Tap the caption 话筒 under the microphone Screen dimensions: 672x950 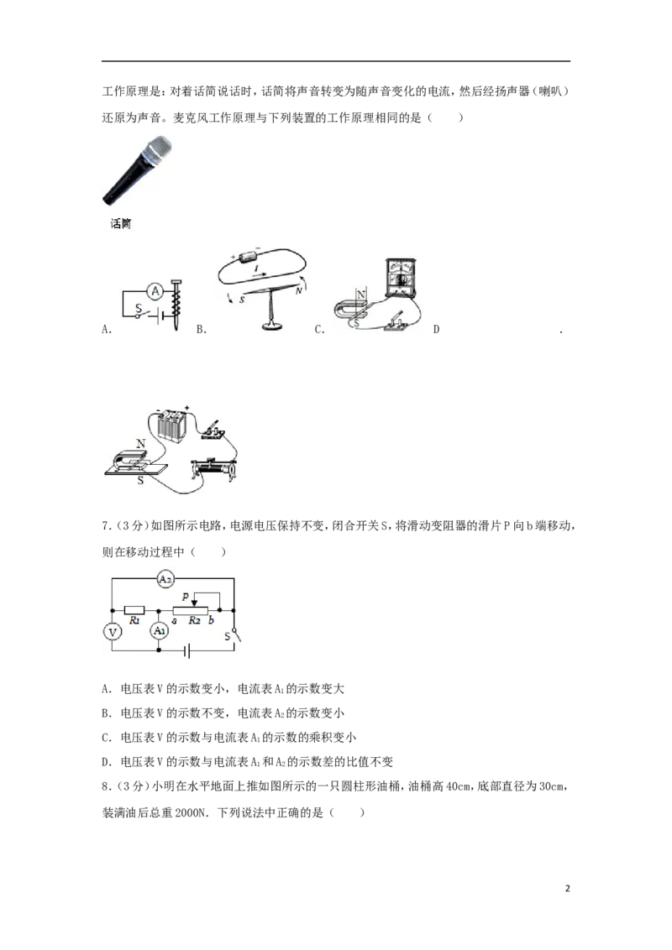[121, 223]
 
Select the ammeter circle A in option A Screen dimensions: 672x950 [155, 291]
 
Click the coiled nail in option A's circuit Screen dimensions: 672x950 [176, 304]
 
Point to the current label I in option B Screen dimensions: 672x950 [256, 268]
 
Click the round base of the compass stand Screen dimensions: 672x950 [272, 327]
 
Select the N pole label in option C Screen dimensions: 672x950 [361, 295]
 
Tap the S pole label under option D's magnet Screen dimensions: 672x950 [141, 480]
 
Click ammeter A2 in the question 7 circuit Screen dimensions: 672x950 [165, 579]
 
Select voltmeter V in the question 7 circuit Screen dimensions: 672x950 [112, 632]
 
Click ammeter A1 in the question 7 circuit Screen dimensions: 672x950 [159, 631]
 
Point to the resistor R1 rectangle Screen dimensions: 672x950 [134, 610]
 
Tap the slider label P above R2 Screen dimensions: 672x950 [186, 597]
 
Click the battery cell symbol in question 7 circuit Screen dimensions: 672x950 [187, 651]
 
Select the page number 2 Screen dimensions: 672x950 [568, 889]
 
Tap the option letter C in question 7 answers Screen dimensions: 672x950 [107, 738]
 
